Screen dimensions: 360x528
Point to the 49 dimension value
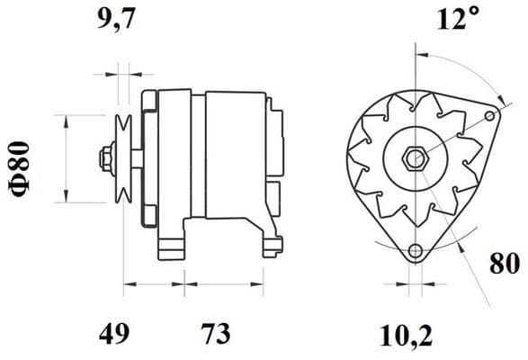coord(114,334)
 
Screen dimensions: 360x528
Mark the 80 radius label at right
coord(506,265)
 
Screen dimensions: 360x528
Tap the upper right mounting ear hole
coord(489,115)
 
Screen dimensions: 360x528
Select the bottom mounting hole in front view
coord(414,251)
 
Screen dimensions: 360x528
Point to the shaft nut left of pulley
coord(105,159)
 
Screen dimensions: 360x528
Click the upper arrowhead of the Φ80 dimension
coord(67,120)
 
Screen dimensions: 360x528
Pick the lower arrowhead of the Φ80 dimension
coord(67,197)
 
